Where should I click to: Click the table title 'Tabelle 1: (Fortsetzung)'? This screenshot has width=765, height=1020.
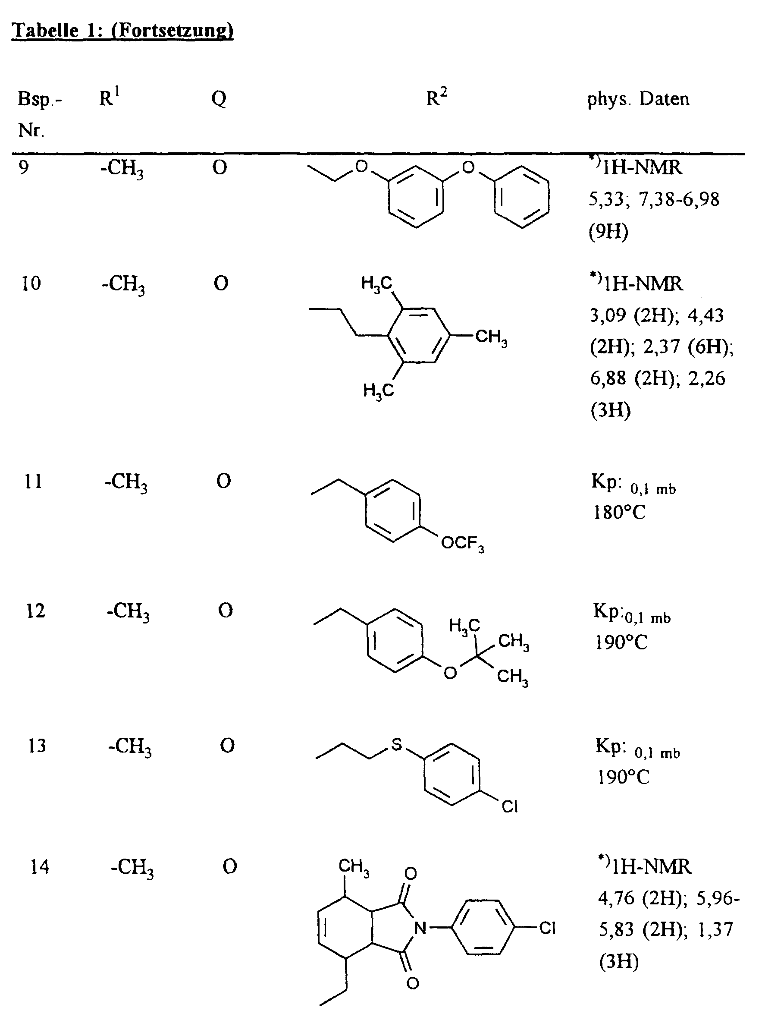click(x=122, y=31)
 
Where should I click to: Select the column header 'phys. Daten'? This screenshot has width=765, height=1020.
click(x=638, y=99)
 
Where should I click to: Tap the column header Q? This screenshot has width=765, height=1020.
click(x=219, y=99)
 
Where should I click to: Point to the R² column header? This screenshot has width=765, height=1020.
click(x=436, y=98)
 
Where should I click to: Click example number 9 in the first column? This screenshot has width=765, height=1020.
click(x=24, y=167)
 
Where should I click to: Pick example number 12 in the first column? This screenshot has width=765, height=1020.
click(x=35, y=611)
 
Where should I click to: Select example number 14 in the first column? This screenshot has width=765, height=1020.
click(x=40, y=866)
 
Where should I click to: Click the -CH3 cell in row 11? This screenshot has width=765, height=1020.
click(x=126, y=483)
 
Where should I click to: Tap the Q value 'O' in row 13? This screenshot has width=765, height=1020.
click(x=227, y=746)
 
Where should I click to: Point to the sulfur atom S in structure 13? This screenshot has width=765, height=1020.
click(x=397, y=744)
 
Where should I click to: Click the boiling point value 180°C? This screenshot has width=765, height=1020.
click(x=619, y=512)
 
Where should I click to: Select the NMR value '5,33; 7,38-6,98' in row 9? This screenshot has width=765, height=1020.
click(x=654, y=199)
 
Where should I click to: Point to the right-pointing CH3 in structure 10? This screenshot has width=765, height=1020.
click(x=491, y=337)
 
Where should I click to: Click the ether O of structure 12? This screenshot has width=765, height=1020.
click(x=450, y=673)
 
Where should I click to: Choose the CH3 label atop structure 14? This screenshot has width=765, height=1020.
click(x=354, y=866)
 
